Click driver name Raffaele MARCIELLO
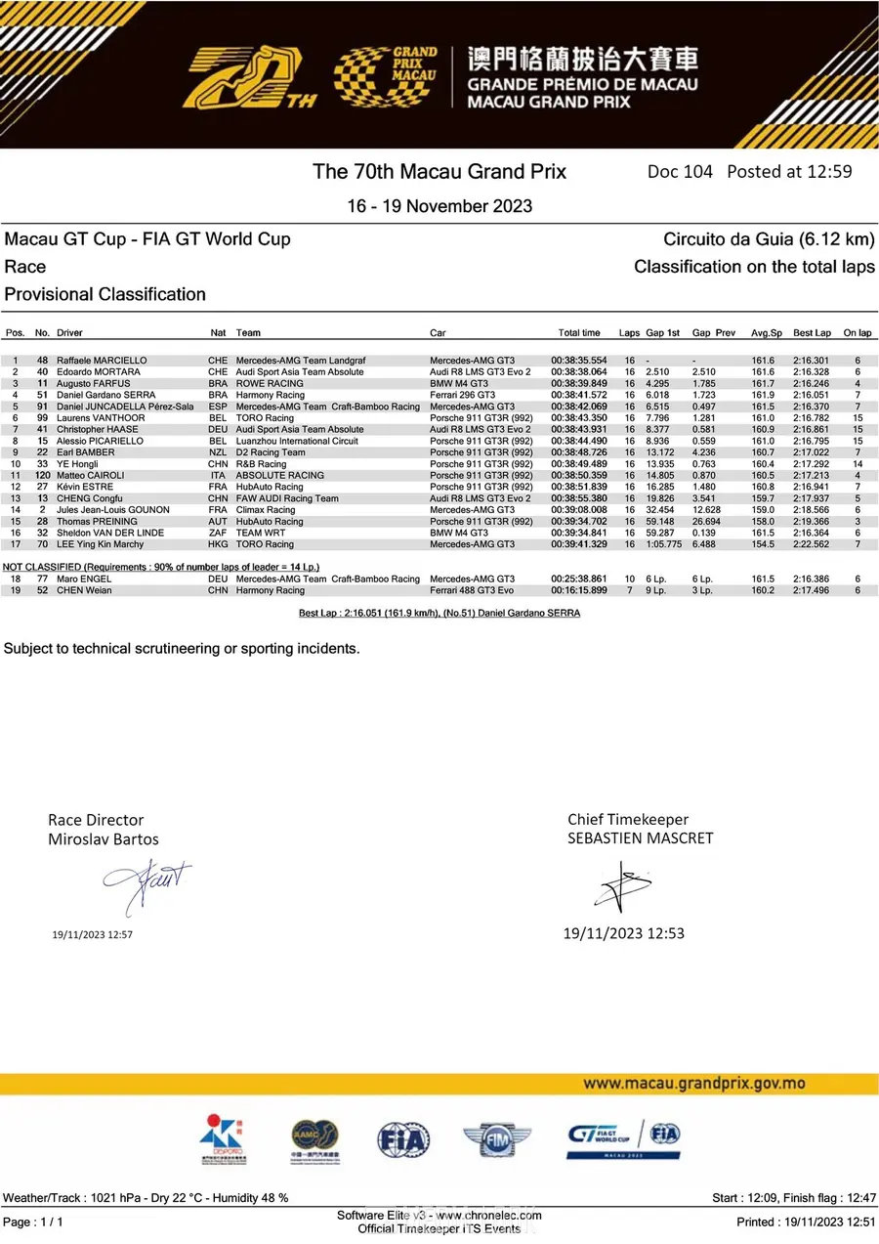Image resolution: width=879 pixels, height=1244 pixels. tap(102, 361)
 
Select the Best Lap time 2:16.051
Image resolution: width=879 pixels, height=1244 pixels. tap(811, 395)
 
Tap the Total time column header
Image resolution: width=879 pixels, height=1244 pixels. tap(579, 333)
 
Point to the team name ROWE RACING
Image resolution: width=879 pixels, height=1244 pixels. tap(270, 384)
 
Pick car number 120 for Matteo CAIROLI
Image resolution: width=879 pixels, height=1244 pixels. tap(42, 475)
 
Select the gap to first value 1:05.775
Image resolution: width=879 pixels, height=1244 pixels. tap(663, 544)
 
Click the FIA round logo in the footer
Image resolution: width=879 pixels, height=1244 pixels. tap(403, 1139)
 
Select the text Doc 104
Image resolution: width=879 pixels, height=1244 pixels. tap(680, 172)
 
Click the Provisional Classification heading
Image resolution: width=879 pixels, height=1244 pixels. tap(105, 294)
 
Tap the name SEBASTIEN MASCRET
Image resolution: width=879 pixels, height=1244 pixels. tap(641, 838)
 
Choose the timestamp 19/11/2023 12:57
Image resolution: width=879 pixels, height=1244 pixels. tap(92, 935)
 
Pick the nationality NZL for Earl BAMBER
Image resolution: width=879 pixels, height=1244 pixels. tap(217, 452)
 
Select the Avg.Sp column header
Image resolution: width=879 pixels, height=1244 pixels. tap(766, 333)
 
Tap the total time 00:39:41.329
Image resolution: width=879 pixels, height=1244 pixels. tap(579, 544)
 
